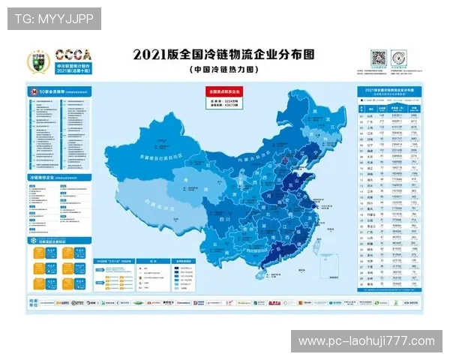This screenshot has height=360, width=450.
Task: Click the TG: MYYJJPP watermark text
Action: pyautogui.click(x=54, y=18)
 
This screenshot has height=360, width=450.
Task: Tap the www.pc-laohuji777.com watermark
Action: pyautogui.click(x=366, y=341)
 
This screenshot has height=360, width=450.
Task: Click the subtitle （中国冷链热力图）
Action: pyautogui.click(x=223, y=69)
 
